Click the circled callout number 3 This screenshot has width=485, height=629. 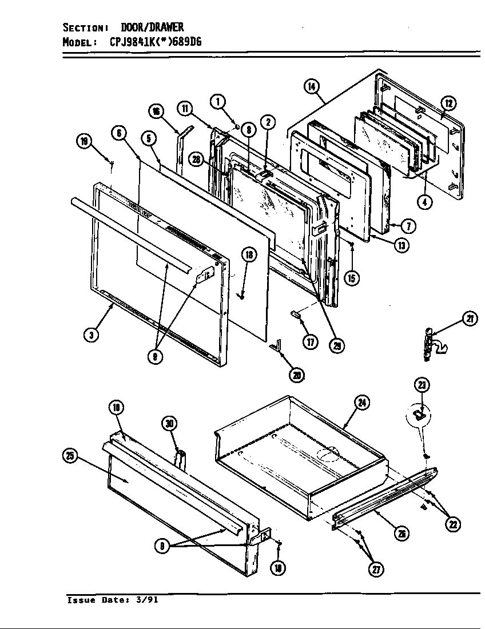[x=91, y=335]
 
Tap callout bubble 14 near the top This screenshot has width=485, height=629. [x=311, y=87]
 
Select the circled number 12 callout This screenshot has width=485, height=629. [x=448, y=103]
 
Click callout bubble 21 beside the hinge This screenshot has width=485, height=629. [x=470, y=320]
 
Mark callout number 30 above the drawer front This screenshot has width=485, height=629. [x=169, y=424]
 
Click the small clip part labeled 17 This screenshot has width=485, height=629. [x=295, y=313]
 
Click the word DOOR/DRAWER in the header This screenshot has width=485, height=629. [x=152, y=27]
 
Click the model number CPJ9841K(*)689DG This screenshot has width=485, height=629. [x=152, y=42]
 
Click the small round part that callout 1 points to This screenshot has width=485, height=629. [x=236, y=125]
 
